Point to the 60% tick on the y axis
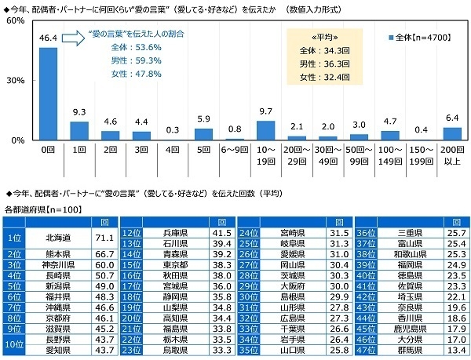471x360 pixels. coord(13,21)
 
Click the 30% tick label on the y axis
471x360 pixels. coord(13,81)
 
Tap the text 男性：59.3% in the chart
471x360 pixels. coord(119,60)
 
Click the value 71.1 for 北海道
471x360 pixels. coord(104,238)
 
